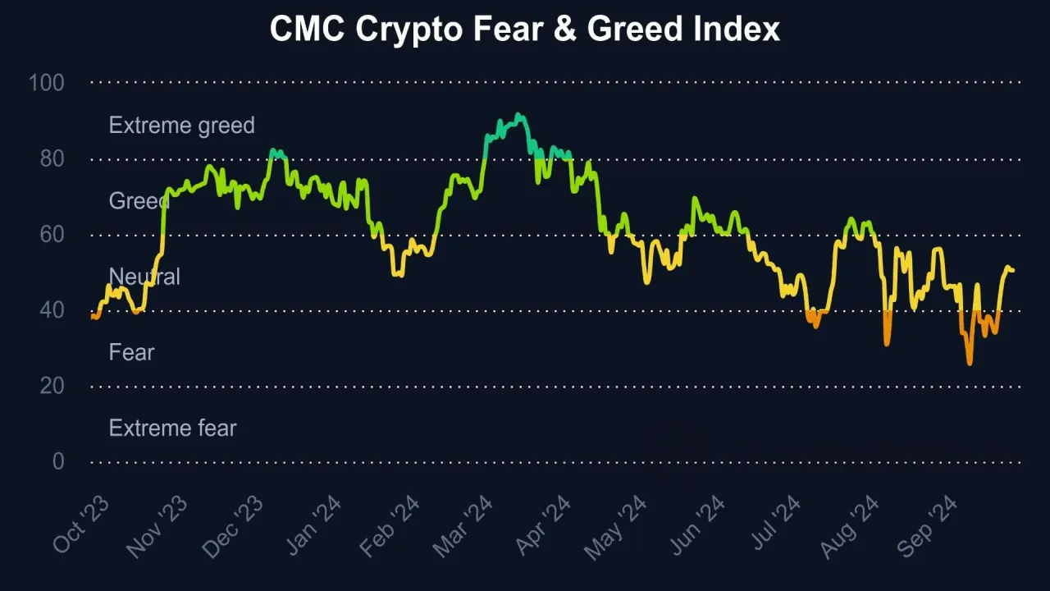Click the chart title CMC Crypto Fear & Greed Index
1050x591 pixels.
coord(525,30)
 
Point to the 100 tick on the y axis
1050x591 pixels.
coord(47,83)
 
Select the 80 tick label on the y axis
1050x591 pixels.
coord(52,158)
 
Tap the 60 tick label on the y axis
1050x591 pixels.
coord(52,235)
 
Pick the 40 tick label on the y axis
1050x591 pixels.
coord(52,310)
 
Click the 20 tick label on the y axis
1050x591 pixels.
coord(52,386)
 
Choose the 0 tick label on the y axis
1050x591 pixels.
coord(57,462)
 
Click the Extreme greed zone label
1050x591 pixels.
coord(181,126)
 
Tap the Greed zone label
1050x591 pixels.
coord(139,201)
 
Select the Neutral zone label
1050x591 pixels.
coord(144,277)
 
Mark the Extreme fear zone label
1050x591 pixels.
coord(172,428)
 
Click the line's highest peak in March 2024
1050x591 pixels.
coord(518,115)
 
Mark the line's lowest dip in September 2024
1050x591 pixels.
coord(970,364)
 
